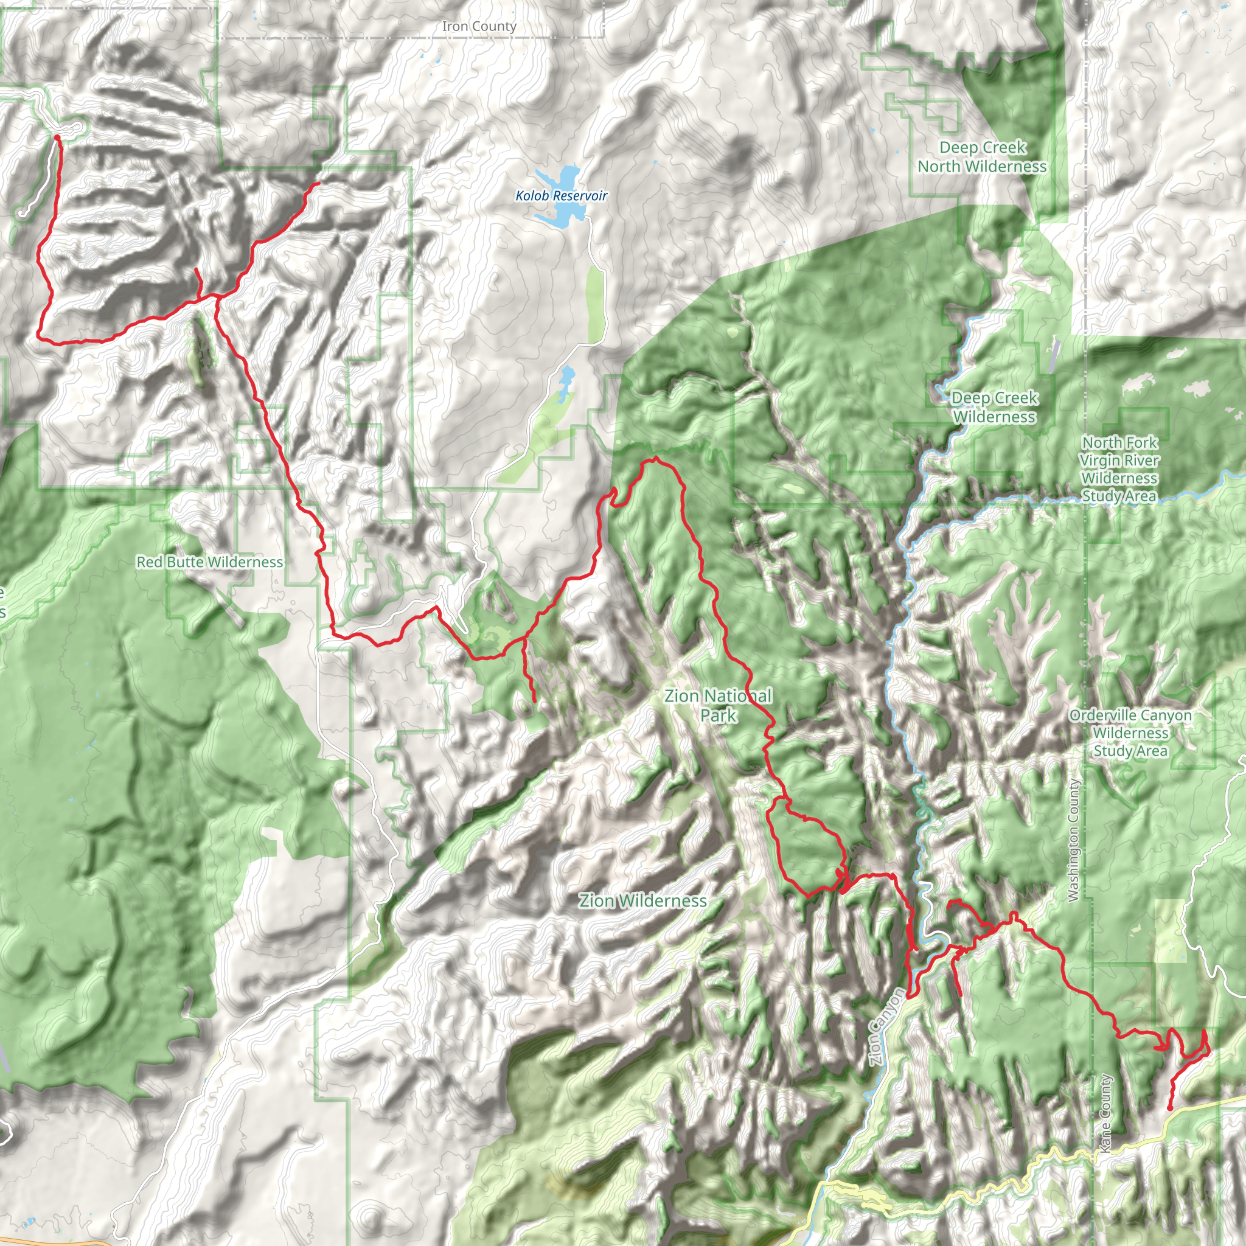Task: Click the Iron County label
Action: point(479,26)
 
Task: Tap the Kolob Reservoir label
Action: point(561,195)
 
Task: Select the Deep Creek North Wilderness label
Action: point(981,157)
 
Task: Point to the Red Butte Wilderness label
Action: point(210,562)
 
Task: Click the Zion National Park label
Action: point(718,705)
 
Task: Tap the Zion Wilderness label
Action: point(642,900)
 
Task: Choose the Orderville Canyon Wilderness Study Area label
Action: point(1130,733)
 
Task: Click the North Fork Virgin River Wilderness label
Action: point(1119,469)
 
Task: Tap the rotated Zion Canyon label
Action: point(885,1026)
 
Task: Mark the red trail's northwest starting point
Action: point(57,137)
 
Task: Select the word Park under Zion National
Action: point(719,715)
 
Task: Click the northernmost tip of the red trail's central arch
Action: point(655,459)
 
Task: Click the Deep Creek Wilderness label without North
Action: point(994,407)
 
